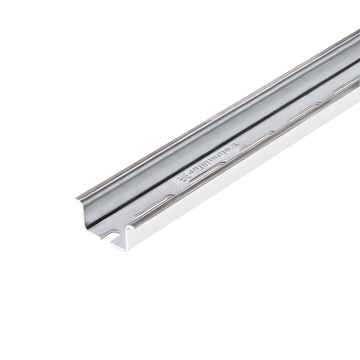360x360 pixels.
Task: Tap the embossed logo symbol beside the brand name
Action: point(183,178)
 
